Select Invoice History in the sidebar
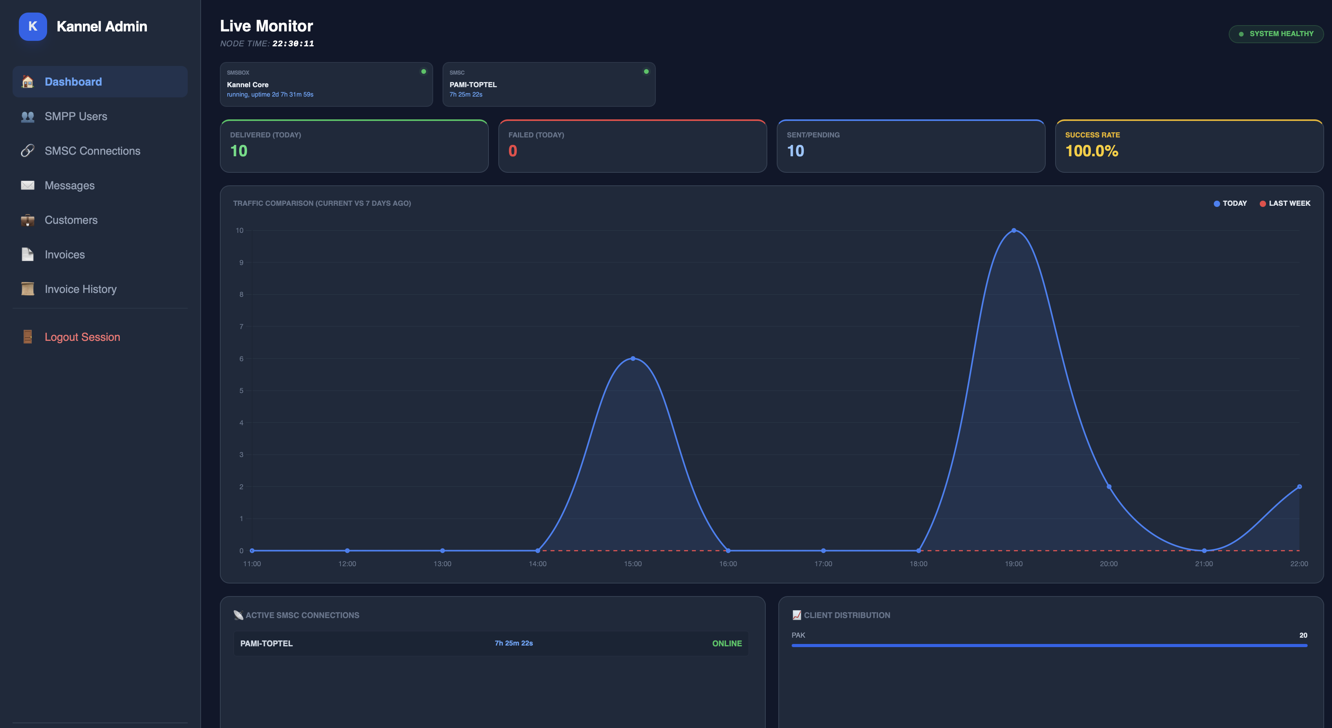tap(81, 289)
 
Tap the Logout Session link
tap(82, 337)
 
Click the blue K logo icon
tap(33, 26)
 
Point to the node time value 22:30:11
tap(293, 44)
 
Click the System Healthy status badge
tap(1275, 34)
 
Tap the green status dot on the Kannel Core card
tap(423, 71)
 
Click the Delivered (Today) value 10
tap(239, 151)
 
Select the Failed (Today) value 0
tap(512, 151)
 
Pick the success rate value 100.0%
tap(1092, 151)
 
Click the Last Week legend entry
tap(1284, 203)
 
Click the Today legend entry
tap(1230, 203)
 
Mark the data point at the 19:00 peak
tap(1014, 230)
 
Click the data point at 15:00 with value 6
tap(633, 359)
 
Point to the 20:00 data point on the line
tap(1109, 487)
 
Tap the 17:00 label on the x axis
tap(823, 563)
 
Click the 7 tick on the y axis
tap(241, 326)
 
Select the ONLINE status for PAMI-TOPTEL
tap(726, 643)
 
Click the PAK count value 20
tap(1303, 635)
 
